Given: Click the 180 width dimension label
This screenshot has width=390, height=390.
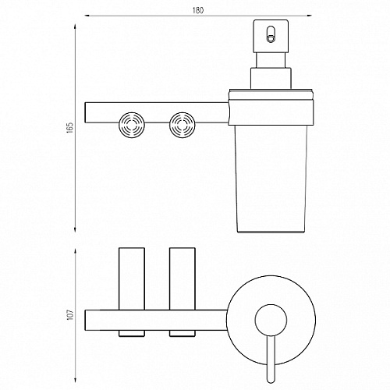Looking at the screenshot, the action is pos(198,10).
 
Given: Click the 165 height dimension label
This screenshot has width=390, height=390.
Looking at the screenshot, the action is pos(70,128).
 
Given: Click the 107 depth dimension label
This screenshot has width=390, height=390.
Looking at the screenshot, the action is pos(70,314).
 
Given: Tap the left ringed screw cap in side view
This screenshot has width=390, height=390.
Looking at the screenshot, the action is pos(132,125).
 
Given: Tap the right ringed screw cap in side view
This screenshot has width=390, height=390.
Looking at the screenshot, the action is pos(183,125).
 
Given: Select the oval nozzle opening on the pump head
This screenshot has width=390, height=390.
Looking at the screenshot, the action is pos(271,34).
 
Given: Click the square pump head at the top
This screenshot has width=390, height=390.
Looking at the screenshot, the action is pos(271,36).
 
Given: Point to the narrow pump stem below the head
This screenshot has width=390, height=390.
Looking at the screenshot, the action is pos(271,60).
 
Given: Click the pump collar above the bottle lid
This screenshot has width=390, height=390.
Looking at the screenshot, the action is pos(271,79).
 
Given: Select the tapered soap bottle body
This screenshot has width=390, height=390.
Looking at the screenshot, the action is pos(271,179).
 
